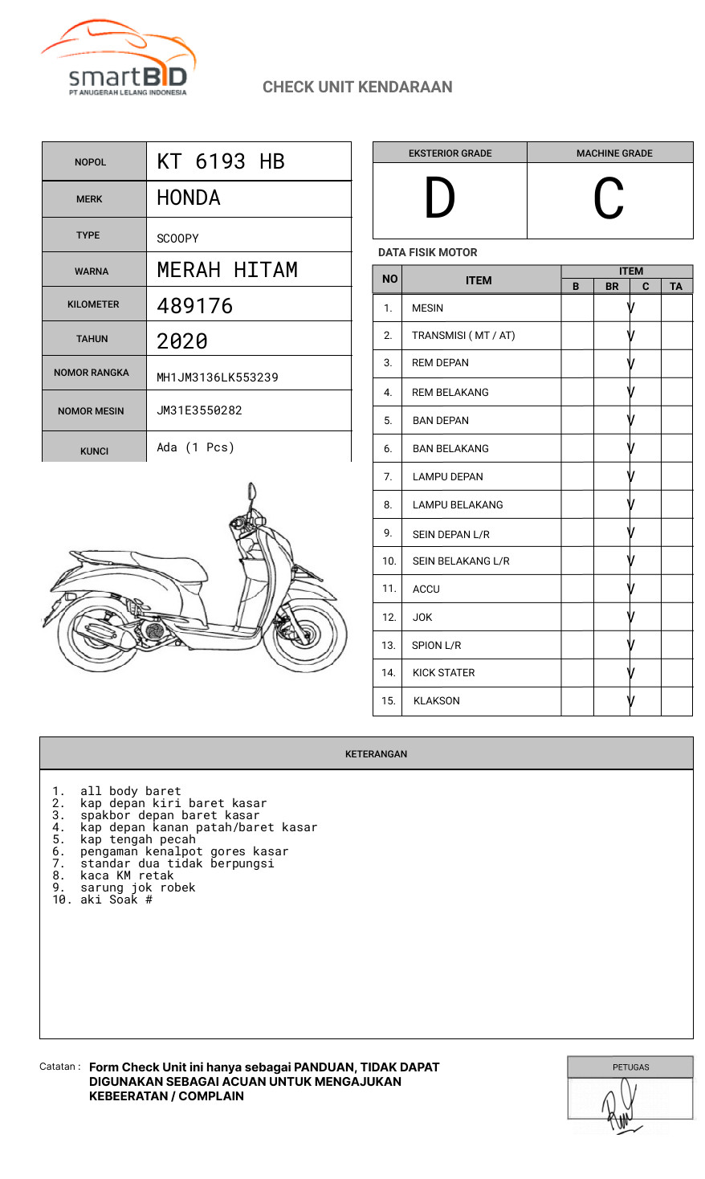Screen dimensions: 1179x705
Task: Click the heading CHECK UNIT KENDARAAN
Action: click(357, 87)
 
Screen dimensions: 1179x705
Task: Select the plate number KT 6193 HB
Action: click(221, 161)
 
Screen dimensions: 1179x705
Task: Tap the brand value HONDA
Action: click(189, 198)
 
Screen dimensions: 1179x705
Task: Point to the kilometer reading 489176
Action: click(195, 306)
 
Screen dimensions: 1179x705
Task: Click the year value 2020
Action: click(182, 341)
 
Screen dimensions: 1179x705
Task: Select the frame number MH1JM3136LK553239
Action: click(218, 377)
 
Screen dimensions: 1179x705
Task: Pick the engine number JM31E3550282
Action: click(199, 410)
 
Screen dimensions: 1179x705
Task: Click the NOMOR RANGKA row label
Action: click(92, 373)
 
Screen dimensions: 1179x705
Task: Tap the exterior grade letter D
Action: click(439, 198)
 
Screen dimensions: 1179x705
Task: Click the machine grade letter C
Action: click(609, 198)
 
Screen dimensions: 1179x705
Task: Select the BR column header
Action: click(612, 286)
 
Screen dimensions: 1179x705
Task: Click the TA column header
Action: click(676, 286)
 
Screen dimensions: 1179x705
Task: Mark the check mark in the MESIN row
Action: click(631, 308)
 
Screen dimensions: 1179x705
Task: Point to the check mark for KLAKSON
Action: click(631, 701)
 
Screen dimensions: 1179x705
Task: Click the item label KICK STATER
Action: click(443, 673)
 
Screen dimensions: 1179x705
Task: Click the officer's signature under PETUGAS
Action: click(621, 1106)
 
